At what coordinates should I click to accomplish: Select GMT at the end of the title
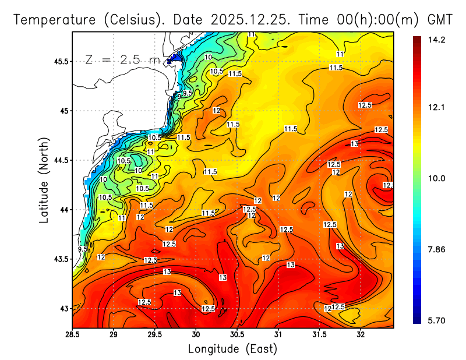tap(440, 19)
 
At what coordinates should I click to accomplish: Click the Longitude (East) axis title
tap(232, 349)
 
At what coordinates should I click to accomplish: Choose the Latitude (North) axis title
tap(44, 180)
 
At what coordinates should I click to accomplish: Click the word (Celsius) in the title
tap(131, 19)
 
